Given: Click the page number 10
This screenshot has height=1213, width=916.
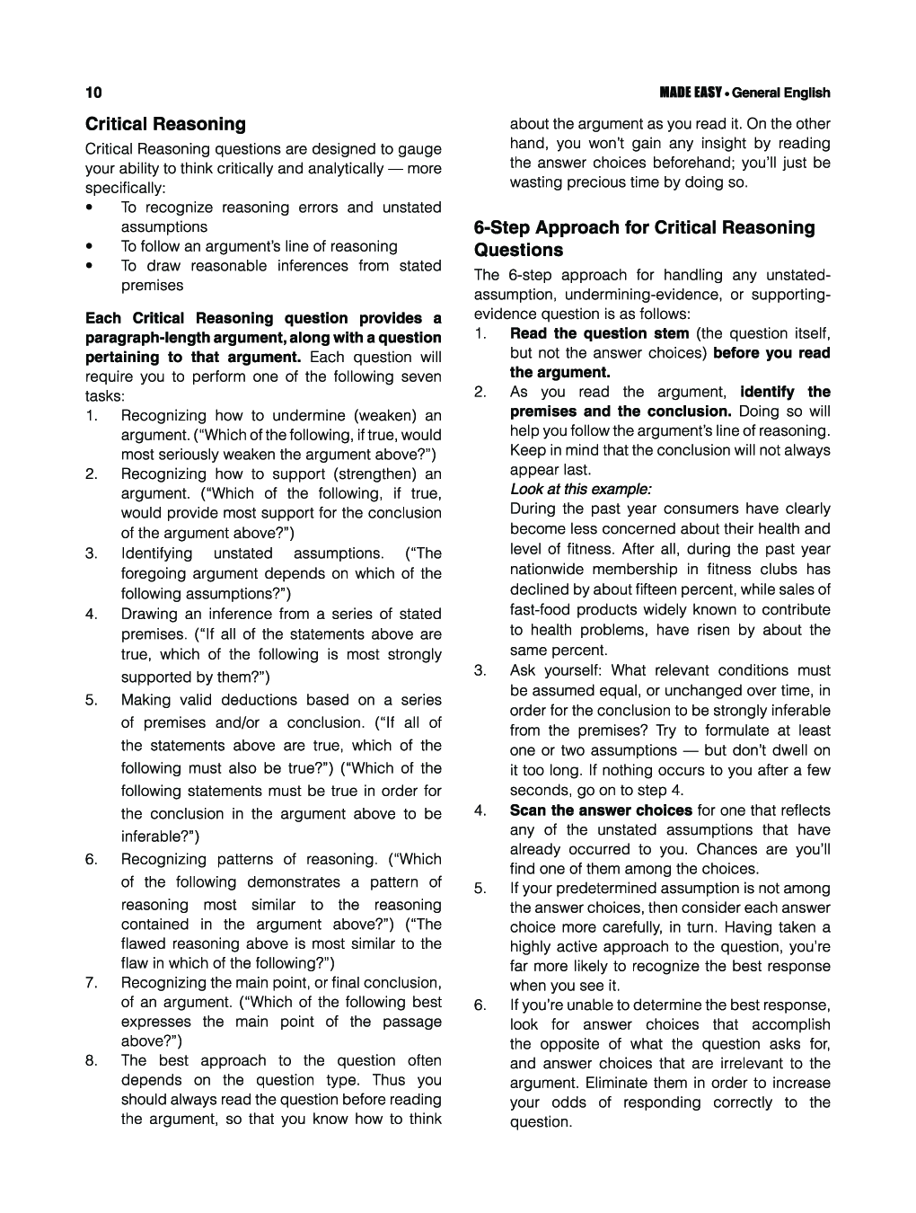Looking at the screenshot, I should (93, 93).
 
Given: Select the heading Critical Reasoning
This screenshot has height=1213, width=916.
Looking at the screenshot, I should (165, 124).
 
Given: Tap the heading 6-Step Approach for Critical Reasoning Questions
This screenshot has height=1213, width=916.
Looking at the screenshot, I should (644, 238).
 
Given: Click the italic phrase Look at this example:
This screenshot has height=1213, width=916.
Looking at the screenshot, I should (580, 489).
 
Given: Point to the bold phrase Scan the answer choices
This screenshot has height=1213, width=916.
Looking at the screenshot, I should (601, 810).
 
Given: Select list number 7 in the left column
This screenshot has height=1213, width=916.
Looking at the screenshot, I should (92, 982).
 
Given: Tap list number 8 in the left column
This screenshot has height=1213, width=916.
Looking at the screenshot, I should (92, 1060).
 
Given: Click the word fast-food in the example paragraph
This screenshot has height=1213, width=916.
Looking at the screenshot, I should (539, 609).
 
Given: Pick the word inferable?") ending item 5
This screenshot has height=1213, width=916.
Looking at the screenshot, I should (160, 837).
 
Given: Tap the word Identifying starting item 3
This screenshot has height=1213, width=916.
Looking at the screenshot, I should (156, 553).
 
